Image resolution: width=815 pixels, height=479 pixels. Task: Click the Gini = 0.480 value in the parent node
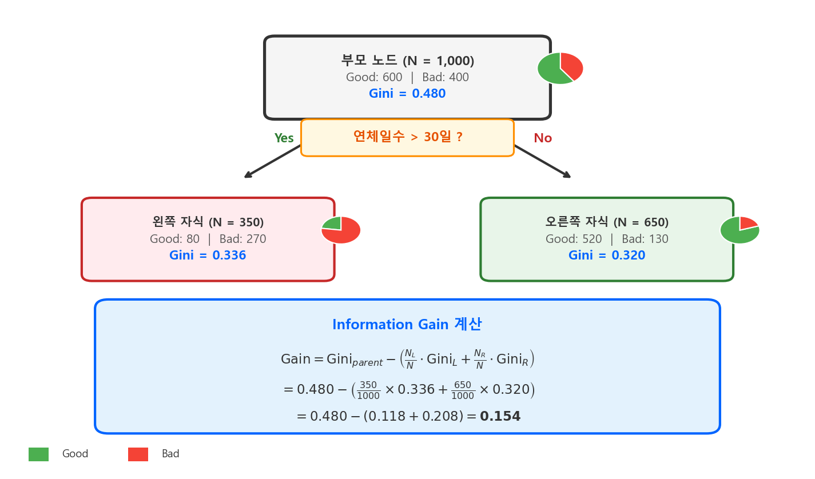tap(407, 94)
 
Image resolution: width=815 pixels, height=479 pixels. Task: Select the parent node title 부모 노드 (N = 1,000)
tap(407, 61)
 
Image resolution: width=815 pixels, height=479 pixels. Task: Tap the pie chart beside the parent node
tap(560, 68)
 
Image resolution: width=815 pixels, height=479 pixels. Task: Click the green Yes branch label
tap(284, 138)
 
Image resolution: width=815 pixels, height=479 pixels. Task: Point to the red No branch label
tap(543, 138)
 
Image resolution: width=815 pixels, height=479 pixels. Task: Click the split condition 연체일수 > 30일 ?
tap(407, 137)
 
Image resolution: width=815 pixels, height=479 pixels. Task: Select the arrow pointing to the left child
tap(272, 162)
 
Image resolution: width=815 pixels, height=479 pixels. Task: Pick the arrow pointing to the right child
tap(542, 162)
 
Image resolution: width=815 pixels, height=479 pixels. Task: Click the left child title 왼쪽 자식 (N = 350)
tap(208, 222)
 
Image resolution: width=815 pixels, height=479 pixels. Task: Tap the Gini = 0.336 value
tap(208, 256)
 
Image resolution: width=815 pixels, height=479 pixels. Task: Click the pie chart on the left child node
tap(341, 230)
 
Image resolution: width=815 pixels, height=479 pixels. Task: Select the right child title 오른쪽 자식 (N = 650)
tap(607, 222)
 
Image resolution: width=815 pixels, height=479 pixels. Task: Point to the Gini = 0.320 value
tap(607, 256)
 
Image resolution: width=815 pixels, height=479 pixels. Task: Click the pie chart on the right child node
tap(740, 230)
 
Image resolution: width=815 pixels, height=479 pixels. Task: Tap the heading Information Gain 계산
tap(407, 325)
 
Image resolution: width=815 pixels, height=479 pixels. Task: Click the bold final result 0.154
tap(500, 417)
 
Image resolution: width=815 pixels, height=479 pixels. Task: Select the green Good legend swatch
tap(38, 454)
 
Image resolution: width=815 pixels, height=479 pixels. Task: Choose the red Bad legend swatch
tap(138, 454)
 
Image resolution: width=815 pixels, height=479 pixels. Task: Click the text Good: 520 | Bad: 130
tap(607, 239)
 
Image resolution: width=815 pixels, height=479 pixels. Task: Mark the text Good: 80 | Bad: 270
tap(208, 239)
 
